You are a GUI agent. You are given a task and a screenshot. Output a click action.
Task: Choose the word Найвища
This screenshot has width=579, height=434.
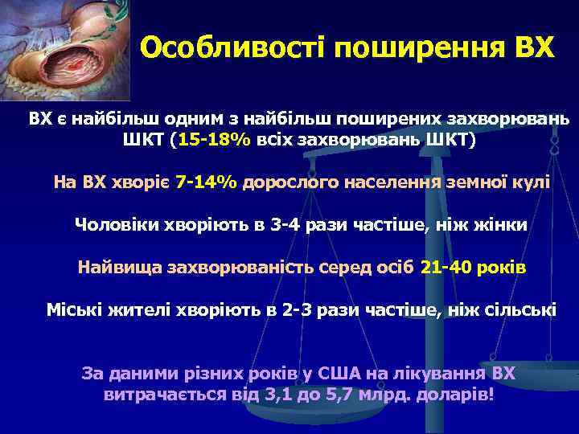pyautogui.click(x=118, y=267)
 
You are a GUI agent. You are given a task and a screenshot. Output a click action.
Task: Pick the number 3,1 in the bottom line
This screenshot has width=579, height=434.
pyautogui.click(x=276, y=395)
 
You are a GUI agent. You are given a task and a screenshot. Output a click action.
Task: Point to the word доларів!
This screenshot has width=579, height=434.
pyautogui.click(x=457, y=395)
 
